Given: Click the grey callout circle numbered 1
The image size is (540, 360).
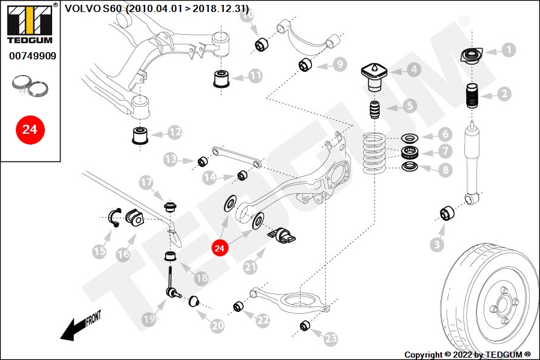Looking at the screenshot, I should pos(508,50).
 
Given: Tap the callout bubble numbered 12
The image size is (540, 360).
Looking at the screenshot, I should pos(175,131).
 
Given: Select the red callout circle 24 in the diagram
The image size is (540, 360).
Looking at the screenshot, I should pos(220,247).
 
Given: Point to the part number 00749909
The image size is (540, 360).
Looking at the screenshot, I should pos(32,56).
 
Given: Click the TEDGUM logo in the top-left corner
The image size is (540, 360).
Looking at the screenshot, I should pos(29,23).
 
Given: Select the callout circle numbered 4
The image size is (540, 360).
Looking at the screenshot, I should pos(415,70).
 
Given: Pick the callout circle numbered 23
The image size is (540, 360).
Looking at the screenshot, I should pos(331,338).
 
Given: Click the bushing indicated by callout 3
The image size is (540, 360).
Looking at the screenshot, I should pos(447,213).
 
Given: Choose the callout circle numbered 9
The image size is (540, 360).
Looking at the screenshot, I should pos(339,64).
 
